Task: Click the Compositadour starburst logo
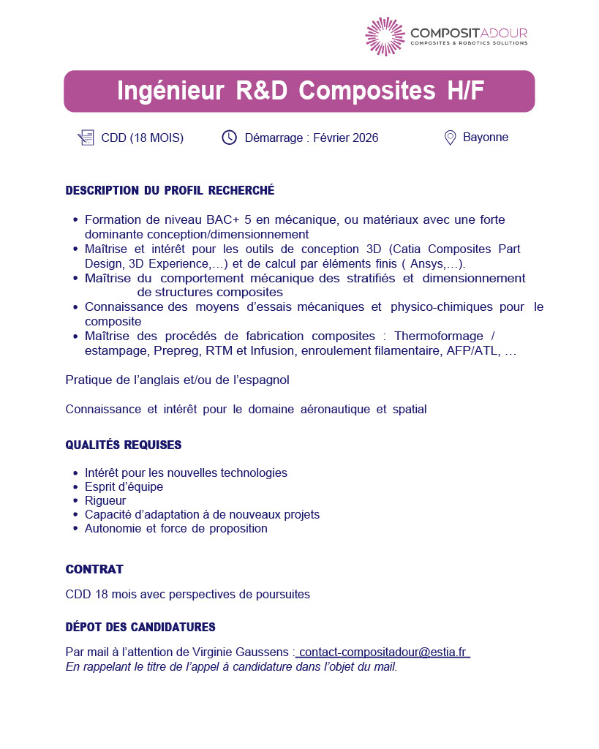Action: [x=385, y=36]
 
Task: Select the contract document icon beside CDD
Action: [x=86, y=138]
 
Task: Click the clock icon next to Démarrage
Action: [x=230, y=138]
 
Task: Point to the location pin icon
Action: [x=451, y=138]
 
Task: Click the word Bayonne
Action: [x=486, y=138]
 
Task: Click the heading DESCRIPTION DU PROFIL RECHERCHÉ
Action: [x=170, y=191]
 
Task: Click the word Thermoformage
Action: [x=438, y=336]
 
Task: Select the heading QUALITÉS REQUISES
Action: [x=124, y=445]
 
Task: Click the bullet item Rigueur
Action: [x=105, y=500]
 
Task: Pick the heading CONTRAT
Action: [x=94, y=569]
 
